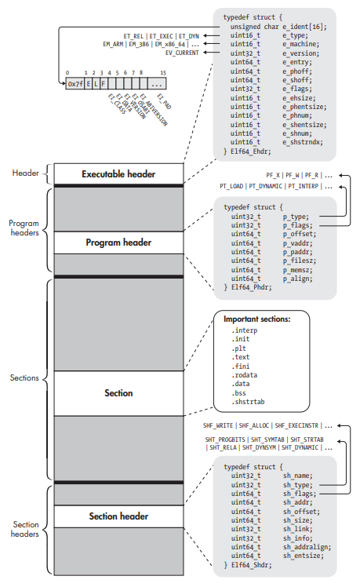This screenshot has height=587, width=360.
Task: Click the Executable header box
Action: [119, 173]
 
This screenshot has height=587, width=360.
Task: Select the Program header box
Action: [119, 242]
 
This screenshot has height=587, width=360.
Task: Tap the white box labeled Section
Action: [119, 393]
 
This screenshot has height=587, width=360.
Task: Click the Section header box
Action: [119, 516]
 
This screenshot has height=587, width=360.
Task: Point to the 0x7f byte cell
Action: [75, 82]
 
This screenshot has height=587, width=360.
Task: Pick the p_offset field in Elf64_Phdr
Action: [300, 233]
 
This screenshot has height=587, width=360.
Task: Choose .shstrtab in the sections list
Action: [249, 402]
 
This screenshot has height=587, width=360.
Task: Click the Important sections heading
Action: [257, 319]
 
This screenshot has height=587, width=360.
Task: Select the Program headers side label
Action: [24, 228]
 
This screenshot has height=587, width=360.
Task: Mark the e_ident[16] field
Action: [304, 26]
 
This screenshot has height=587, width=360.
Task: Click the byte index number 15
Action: [162, 71]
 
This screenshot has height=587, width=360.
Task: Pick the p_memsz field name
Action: [298, 268]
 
